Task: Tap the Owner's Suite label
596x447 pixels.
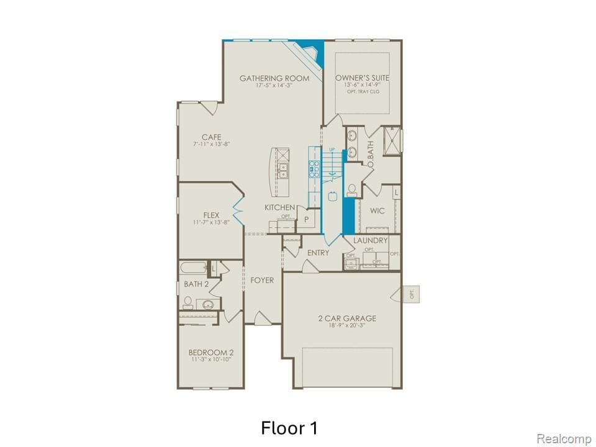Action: click(x=363, y=78)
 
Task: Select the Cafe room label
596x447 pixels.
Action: click(x=211, y=137)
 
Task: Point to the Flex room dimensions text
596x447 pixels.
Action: click(x=211, y=222)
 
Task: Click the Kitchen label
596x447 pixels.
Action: click(x=280, y=207)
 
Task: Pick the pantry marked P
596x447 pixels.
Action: click(x=307, y=219)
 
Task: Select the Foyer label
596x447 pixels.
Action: click(x=262, y=281)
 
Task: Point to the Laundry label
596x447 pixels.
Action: click(x=371, y=240)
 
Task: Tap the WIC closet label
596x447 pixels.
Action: click(x=377, y=211)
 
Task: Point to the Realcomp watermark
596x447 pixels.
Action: click(x=564, y=439)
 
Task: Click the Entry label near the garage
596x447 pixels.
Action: click(x=318, y=253)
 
